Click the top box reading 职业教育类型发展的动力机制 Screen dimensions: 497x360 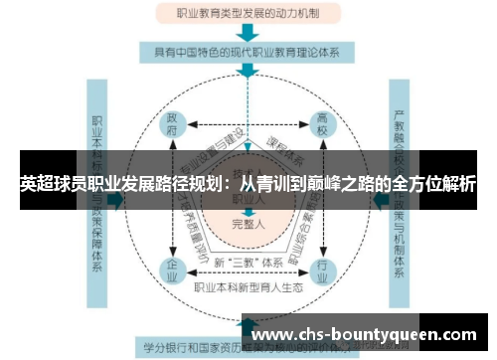[248, 15]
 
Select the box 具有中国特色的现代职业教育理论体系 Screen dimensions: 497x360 [248, 51]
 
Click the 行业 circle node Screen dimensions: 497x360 [322, 270]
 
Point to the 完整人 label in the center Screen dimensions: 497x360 [248, 225]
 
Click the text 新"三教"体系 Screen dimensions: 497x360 [248, 263]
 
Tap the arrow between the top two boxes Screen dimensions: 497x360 [248, 33]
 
